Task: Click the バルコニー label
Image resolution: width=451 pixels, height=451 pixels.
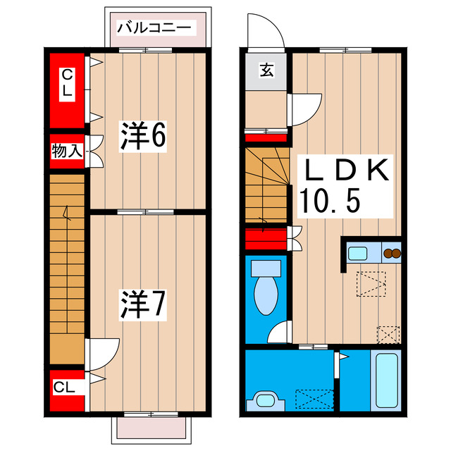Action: (154, 28)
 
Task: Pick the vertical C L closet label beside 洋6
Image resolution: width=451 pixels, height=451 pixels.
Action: (66, 83)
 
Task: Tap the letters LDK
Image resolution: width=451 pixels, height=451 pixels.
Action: (345, 171)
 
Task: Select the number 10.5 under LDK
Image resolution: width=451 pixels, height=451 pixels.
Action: (331, 202)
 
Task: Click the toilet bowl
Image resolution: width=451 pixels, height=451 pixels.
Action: (266, 292)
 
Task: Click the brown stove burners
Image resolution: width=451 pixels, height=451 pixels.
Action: (390, 252)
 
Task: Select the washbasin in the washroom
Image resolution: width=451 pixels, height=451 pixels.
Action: (266, 400)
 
